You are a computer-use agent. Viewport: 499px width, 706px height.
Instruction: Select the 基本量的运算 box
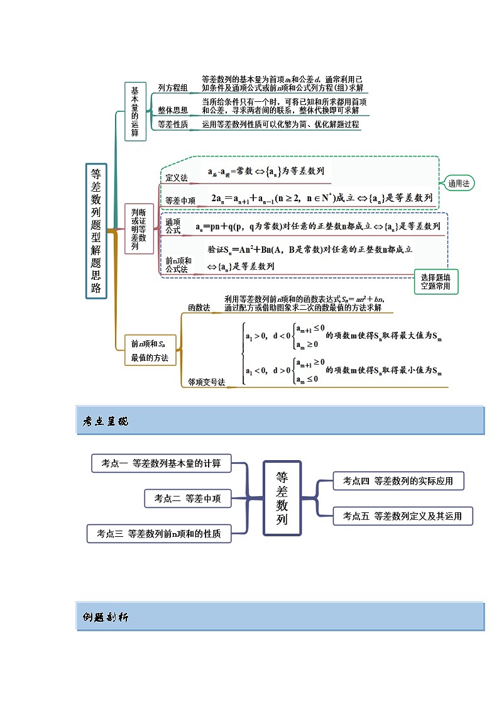134,111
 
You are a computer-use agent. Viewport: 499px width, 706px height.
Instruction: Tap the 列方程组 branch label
172,89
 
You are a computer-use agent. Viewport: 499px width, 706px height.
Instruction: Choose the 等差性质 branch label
172,124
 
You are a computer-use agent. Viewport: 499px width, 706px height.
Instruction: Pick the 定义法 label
177,179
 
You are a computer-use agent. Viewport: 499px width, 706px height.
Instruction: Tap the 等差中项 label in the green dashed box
180,201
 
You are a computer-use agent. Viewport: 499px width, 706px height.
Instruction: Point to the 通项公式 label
173,226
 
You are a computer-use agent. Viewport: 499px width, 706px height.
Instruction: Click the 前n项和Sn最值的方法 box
150,351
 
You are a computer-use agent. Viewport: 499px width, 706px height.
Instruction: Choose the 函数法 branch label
199,307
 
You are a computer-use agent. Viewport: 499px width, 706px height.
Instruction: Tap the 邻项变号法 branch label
206,382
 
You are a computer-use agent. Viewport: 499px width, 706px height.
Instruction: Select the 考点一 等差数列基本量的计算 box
161,463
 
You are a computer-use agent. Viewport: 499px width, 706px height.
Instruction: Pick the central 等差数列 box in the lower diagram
282,498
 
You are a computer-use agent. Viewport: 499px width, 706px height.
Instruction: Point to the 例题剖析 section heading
105,617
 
